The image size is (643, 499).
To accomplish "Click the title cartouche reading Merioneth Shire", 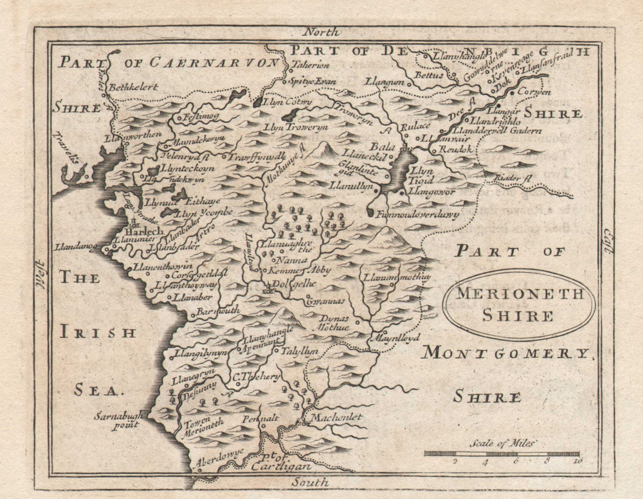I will point(518,304).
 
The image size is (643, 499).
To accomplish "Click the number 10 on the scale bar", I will point(577,460).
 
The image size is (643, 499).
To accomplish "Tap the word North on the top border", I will point(321,31).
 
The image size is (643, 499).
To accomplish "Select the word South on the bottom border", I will point(310,482).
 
